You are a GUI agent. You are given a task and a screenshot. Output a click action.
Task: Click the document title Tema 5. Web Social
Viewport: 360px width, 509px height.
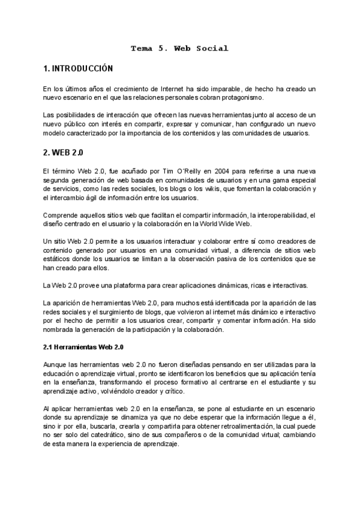point(180,48)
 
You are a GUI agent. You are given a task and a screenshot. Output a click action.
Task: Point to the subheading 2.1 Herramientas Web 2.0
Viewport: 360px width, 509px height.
point(84,347)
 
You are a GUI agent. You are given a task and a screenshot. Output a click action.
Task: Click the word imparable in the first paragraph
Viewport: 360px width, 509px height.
point(205,89)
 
